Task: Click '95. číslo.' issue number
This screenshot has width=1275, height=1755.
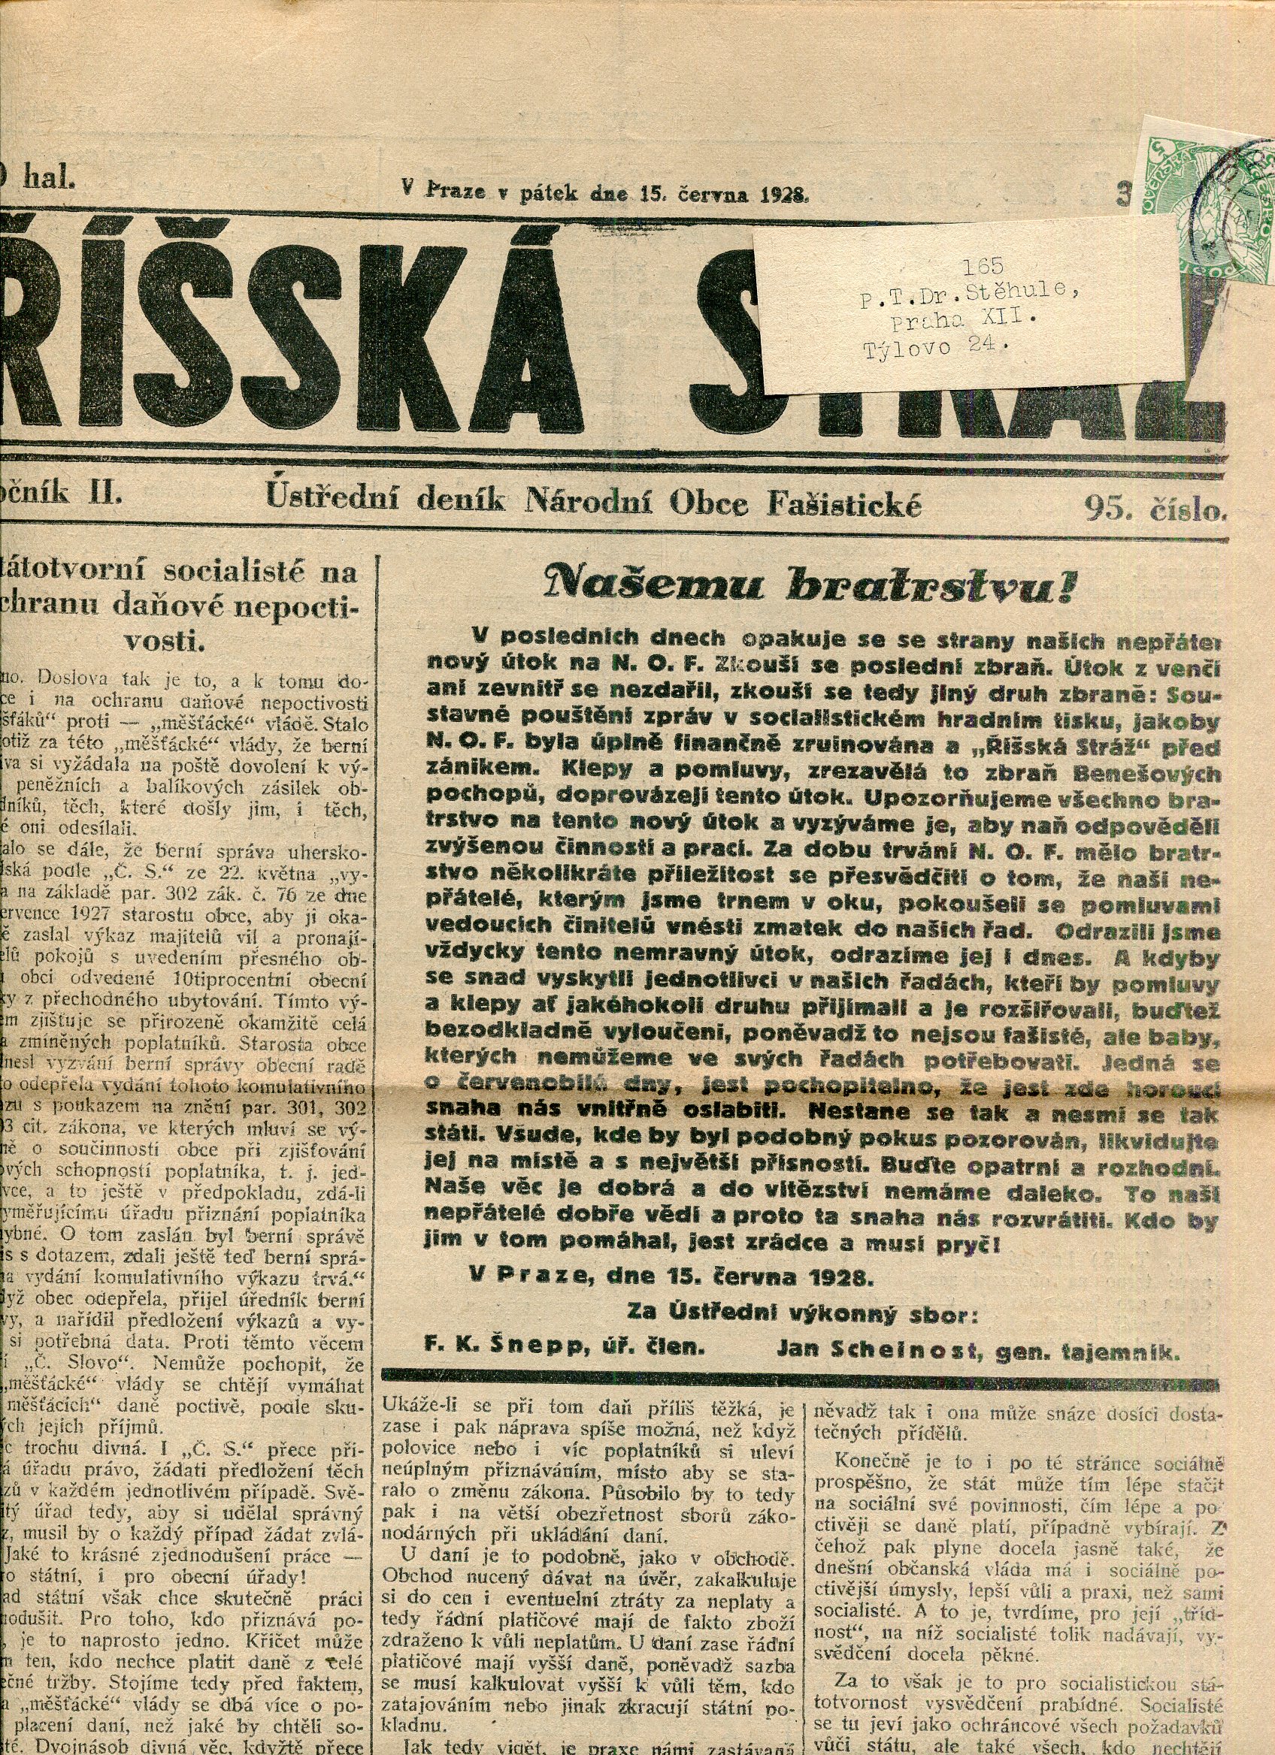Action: (1155, 507)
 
